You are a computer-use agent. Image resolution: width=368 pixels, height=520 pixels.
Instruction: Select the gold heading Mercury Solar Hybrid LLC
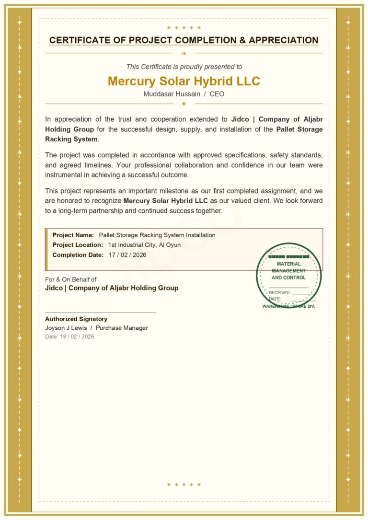(184, 81)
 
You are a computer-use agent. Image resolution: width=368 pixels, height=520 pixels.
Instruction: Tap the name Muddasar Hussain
(172, 94)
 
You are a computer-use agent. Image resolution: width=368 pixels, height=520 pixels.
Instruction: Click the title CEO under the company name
(217, 94)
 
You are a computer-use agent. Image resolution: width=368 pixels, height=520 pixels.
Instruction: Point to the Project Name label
(73, 235)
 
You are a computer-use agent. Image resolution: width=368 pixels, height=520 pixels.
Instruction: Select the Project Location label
(78, 245)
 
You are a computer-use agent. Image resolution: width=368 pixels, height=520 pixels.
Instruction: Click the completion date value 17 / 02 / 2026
(127, 255)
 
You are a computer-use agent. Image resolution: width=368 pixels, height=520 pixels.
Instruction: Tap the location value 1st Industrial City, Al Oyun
(144, 245)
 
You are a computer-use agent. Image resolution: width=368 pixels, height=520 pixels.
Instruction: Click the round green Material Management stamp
(288, 276)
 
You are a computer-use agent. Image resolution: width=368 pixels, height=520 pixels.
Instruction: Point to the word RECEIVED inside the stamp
(279, 292)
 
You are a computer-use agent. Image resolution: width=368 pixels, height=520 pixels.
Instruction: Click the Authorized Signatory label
(76, 319)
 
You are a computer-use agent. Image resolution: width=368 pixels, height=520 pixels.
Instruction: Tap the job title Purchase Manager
(122, 328)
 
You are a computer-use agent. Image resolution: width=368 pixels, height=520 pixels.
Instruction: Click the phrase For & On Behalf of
(70, 279)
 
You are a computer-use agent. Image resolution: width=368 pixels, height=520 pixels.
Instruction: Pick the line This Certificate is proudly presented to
(184, 67)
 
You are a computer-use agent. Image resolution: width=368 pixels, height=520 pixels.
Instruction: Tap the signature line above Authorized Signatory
(101, 312)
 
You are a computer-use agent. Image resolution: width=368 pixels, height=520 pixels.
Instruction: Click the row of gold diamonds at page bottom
(184, 485)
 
